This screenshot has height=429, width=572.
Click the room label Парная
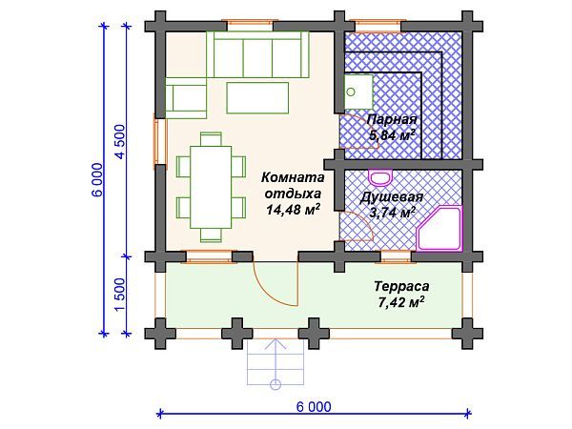point(392,120)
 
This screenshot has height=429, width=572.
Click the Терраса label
point(399,286)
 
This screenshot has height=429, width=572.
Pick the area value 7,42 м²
point(399,302)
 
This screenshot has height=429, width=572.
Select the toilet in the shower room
point(380,177)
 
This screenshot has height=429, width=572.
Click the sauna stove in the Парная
point(357,93)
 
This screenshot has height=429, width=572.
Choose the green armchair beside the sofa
point(187,97)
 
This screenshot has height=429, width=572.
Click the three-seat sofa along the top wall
point(256,55)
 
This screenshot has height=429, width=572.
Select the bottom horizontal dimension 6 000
point(314,406)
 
